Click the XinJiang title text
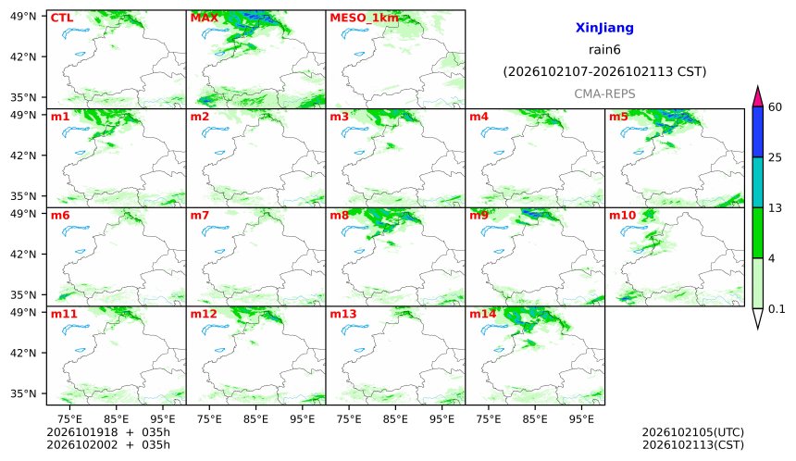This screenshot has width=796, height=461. pyautogui.click(x=604, y=28)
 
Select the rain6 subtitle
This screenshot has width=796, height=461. pyautogui.click(x=604, y=50)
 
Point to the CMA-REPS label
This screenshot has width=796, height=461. pyautogui.click(x=604, y=93)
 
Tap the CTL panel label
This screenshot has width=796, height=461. pyautogui.click(x=62, y=18)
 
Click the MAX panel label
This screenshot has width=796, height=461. pyautogui.click(x=204, y=18)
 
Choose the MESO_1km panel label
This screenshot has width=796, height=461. pyautogui.click(x=364, y=19)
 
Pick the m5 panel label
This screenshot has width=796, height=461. pyautogui.click(x=618, y=117)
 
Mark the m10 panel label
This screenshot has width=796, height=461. pyautogui.click(x=622, y=216)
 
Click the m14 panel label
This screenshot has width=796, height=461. pyautogui.click(x=483, y=314)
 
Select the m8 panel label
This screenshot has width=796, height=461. pyautogui.click(x=340, y=216)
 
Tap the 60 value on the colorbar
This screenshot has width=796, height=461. pyautogui.click(x=776, y=107)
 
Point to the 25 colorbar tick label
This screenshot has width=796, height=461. pyautogui.click(x=776, y=157)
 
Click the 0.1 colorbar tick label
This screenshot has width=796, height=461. pyautogui.click(x=777, y=308)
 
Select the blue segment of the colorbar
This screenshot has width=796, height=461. pyautogui.click(x=757, y=132)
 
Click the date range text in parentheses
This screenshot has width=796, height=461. pyautogui.click(x=604, y=71)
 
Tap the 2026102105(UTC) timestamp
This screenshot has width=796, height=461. pyautogui.click(x=693, y=432)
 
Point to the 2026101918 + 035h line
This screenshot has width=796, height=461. pyautogui.click(x=108, y=432)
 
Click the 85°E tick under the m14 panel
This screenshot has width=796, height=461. pyautogui.click(x=535, y=419)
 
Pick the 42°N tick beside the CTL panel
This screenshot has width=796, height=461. pyautogui.click(x=23, y=56)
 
